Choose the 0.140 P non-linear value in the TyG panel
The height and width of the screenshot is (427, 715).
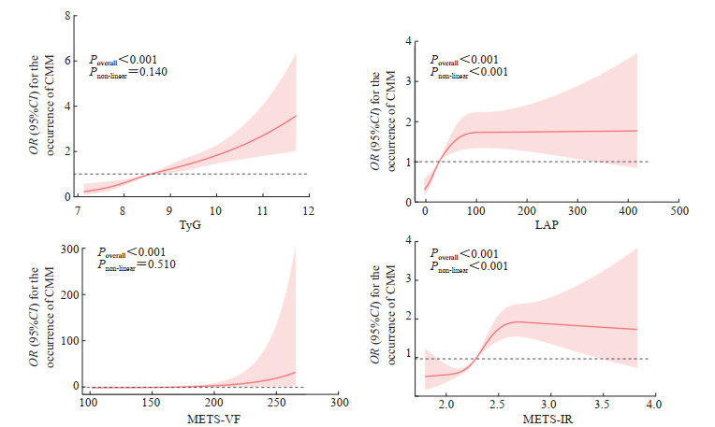(x=149, y=72)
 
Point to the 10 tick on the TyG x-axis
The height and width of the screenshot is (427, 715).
(x=215, y=210)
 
